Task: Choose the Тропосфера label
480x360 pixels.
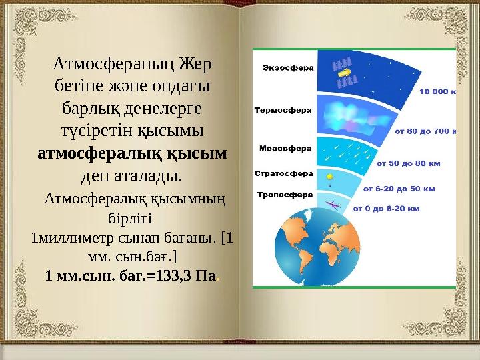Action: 285,195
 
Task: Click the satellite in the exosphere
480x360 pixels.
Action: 344,73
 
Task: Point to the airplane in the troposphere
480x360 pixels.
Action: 335,205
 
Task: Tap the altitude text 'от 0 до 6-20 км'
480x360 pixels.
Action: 386,209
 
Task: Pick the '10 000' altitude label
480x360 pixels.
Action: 436,94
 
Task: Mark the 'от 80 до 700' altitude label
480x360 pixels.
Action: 425,131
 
